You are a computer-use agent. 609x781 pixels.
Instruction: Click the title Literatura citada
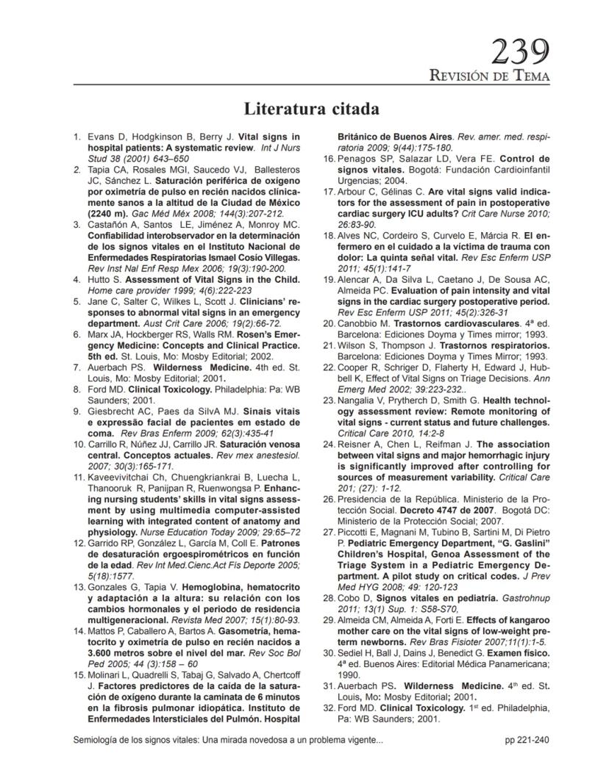coord(311,109)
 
